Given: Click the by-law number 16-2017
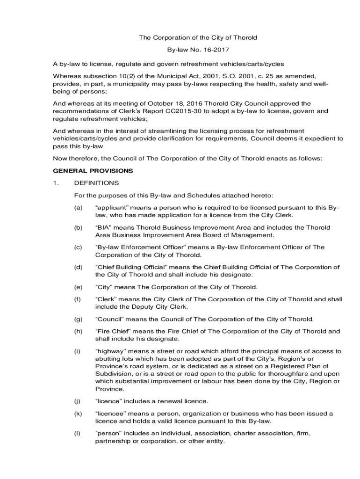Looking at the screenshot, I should coord(216,50).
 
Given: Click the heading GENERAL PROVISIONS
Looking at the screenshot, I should coord(93,171).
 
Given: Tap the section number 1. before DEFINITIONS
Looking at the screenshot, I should coord(56,183).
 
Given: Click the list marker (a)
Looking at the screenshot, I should coord(78,207).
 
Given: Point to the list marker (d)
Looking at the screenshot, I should coord(78,267).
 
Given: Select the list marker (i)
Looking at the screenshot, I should coord(77,351).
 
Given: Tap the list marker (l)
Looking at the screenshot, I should coord(77,433).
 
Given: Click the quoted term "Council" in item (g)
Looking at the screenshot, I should coord(110,319).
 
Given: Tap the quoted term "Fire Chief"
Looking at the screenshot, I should coord(113,331).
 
